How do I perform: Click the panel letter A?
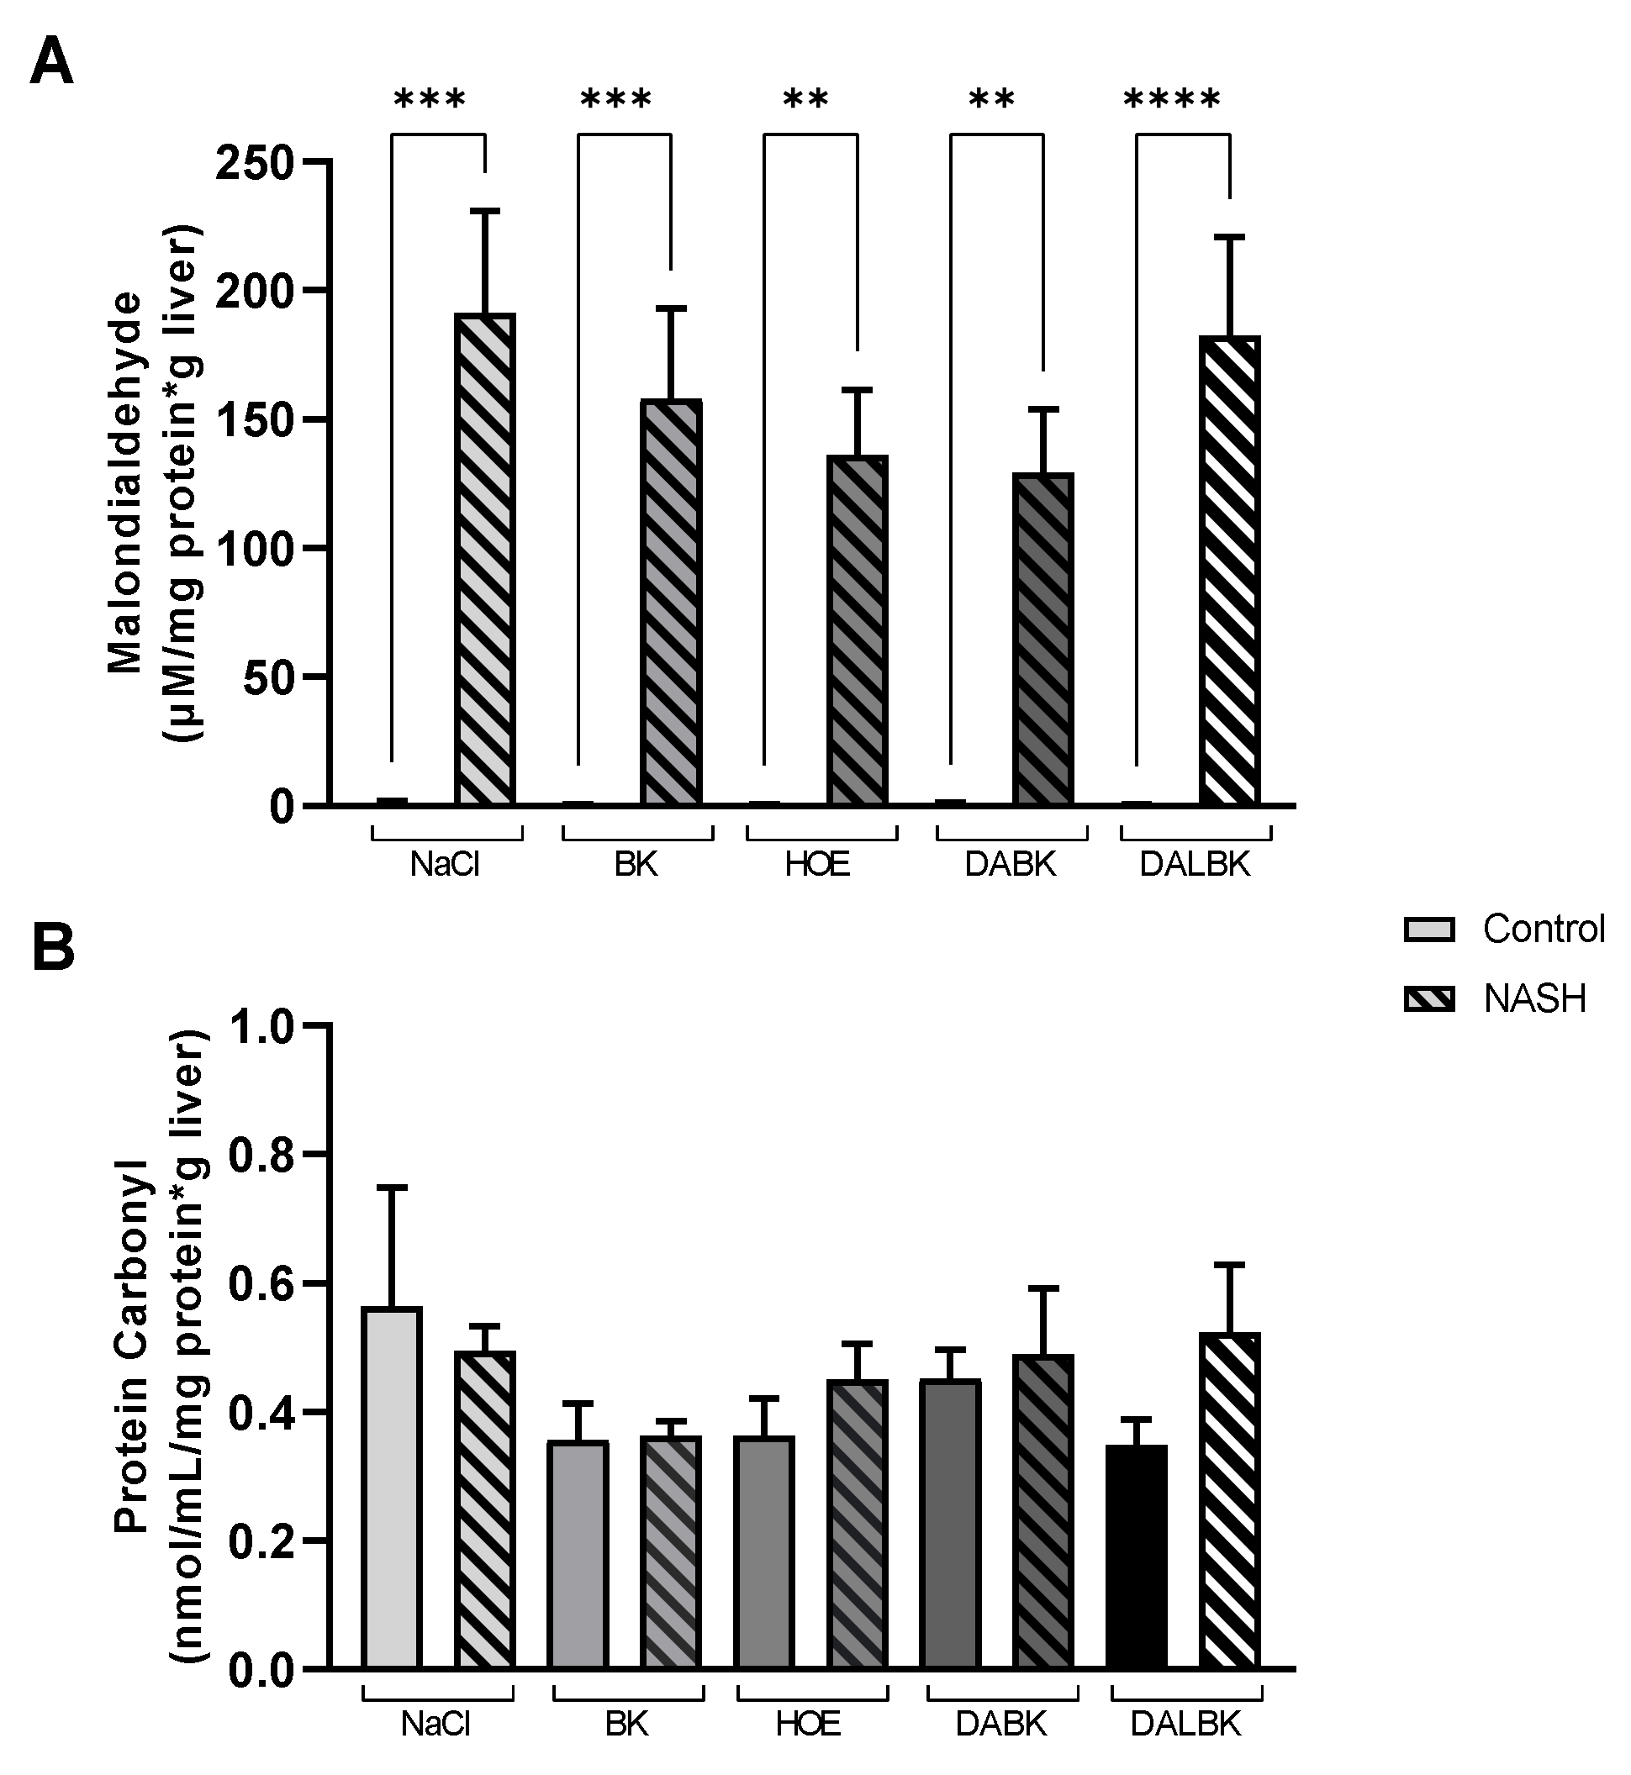point(51,64)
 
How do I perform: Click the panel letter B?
point(53,948)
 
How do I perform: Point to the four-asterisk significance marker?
point(1172,100)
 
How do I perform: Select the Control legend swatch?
point(1429,930)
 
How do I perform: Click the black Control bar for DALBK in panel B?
point(1137,1556)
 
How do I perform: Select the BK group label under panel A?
point(636,865)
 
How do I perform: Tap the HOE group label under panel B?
point(809,1724)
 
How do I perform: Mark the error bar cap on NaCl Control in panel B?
point(392,1188)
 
